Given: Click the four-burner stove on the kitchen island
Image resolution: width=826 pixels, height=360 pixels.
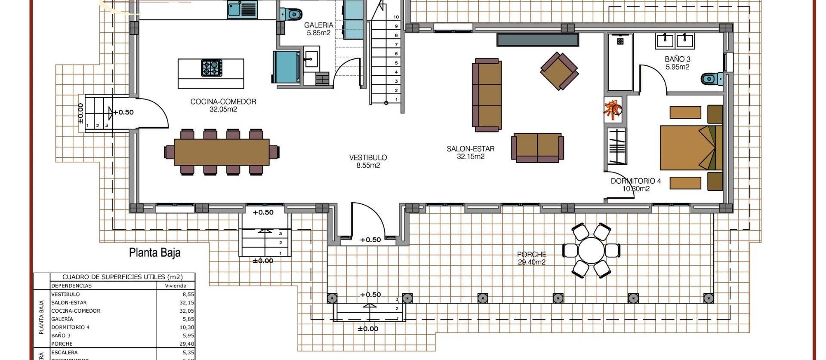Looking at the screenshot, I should click(x=211, y=68).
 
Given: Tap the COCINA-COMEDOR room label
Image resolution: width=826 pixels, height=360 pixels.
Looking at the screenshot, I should click(x=223, y=105).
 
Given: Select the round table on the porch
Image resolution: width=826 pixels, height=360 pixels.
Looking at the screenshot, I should click(x=592, y=250).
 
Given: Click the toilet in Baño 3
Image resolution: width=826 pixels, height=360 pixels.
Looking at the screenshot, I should click(x=711, y=79).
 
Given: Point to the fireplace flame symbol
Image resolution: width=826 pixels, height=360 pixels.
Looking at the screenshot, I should click(x=613, y=109).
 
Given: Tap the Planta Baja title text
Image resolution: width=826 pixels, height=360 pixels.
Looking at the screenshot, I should click(x=155, y=252).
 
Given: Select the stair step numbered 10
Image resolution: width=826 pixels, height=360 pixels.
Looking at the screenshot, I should click(x=396, y=17).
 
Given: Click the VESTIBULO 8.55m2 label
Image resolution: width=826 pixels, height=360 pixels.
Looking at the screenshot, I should click(x=368, y=161).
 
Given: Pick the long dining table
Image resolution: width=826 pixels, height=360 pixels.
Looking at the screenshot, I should click(x=222, y=152).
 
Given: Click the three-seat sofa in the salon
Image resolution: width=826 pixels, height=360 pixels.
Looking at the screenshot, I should click(x=487, y=95).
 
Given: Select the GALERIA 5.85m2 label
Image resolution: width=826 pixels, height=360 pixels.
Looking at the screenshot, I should click(x=318, y=29).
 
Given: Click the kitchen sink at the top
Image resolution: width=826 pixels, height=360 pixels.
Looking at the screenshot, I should click(x=241, y=9).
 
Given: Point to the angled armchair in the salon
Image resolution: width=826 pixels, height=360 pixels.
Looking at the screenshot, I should click(x=559, y=71).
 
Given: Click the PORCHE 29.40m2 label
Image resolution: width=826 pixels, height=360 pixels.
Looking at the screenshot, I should click(x=532, y=258).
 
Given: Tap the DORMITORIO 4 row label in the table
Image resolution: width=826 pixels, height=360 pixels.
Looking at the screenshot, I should click(x=71, y=327).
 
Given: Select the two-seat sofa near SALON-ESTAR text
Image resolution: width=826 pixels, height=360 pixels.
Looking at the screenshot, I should click(x=537, y=148).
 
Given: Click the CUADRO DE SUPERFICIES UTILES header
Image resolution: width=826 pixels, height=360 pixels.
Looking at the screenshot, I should click(x=122, y=277).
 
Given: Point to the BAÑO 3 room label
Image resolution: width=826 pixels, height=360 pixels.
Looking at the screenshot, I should click(x=677, y=63).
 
